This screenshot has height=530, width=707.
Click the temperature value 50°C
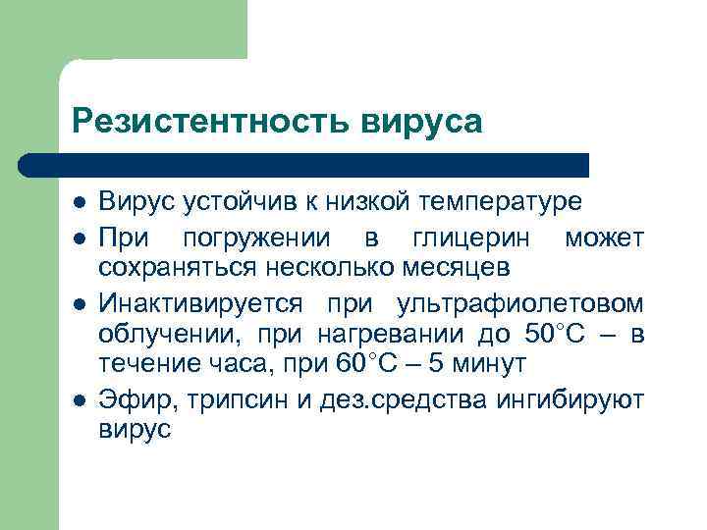pyautogui.click(x=555, y=334)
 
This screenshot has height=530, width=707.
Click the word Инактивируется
pyautogui.click(x=200, y=301)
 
